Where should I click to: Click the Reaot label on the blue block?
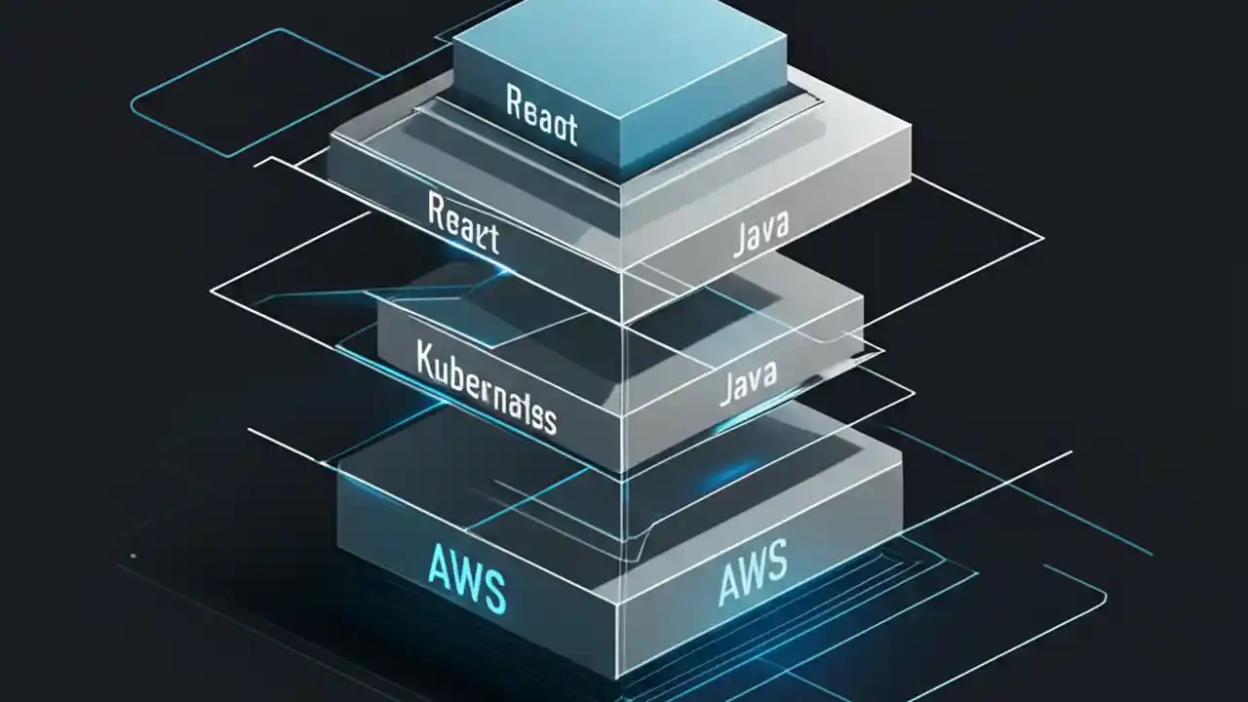542,115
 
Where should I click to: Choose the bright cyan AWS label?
466,580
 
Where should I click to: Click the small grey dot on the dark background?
133,557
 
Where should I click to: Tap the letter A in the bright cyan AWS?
438,567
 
